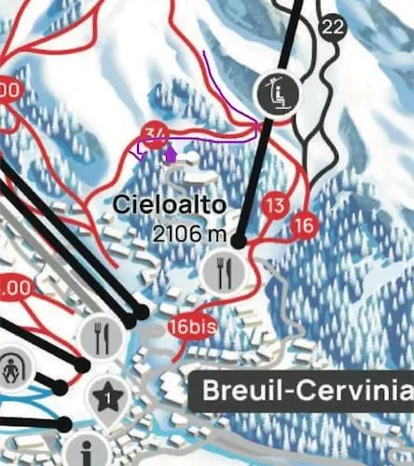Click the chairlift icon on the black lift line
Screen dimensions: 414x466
(x=275, y=91)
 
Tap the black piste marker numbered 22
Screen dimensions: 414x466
(x=332, y=27)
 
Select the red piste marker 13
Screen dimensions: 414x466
(x=275, y=205)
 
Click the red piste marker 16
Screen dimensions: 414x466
(x=304, y=225)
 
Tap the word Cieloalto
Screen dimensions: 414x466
(x=158, y=203)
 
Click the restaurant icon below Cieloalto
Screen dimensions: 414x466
(x=228, y=271)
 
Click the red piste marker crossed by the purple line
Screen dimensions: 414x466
(x=157, y=133)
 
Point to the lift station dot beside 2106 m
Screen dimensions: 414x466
(x=239, y=240)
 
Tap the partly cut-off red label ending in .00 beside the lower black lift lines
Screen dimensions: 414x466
(x=13, y=288)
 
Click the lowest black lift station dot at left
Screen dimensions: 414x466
(x=63, y=424)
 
